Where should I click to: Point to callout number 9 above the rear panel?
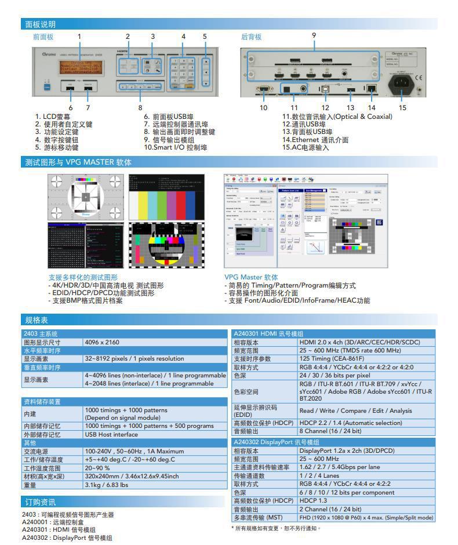[314, 35]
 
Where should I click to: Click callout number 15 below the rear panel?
[402, 107]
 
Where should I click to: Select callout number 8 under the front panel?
[140, 107]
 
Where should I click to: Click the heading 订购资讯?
[40, 502]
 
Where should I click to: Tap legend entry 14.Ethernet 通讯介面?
[315, 139]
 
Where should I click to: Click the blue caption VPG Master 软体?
[251, 277]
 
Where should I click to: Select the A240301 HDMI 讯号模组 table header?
[268, 334]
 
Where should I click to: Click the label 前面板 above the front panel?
[43, 37]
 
